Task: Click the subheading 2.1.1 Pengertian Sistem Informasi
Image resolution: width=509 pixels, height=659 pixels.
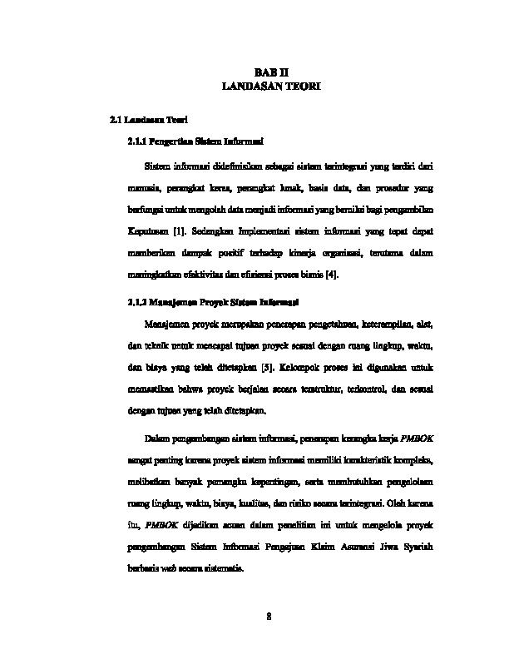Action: click(x=196, y=142)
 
